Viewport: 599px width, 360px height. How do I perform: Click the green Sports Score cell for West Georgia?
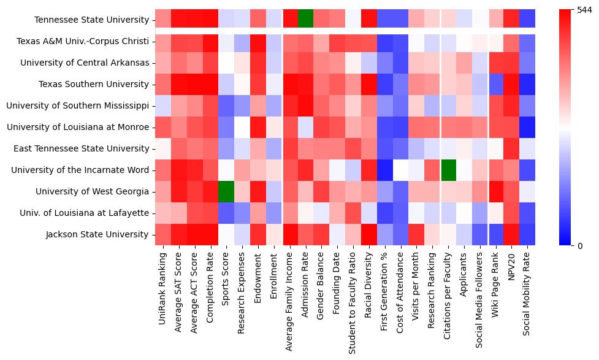coord(226,191)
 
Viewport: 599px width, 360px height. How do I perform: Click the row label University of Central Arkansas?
coord(85,63)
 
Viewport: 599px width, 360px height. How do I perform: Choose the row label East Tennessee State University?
coord(78,148)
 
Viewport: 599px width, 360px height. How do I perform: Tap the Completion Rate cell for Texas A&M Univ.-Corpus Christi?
coord(210,41)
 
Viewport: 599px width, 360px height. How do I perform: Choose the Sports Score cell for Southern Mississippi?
coord(226,105)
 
